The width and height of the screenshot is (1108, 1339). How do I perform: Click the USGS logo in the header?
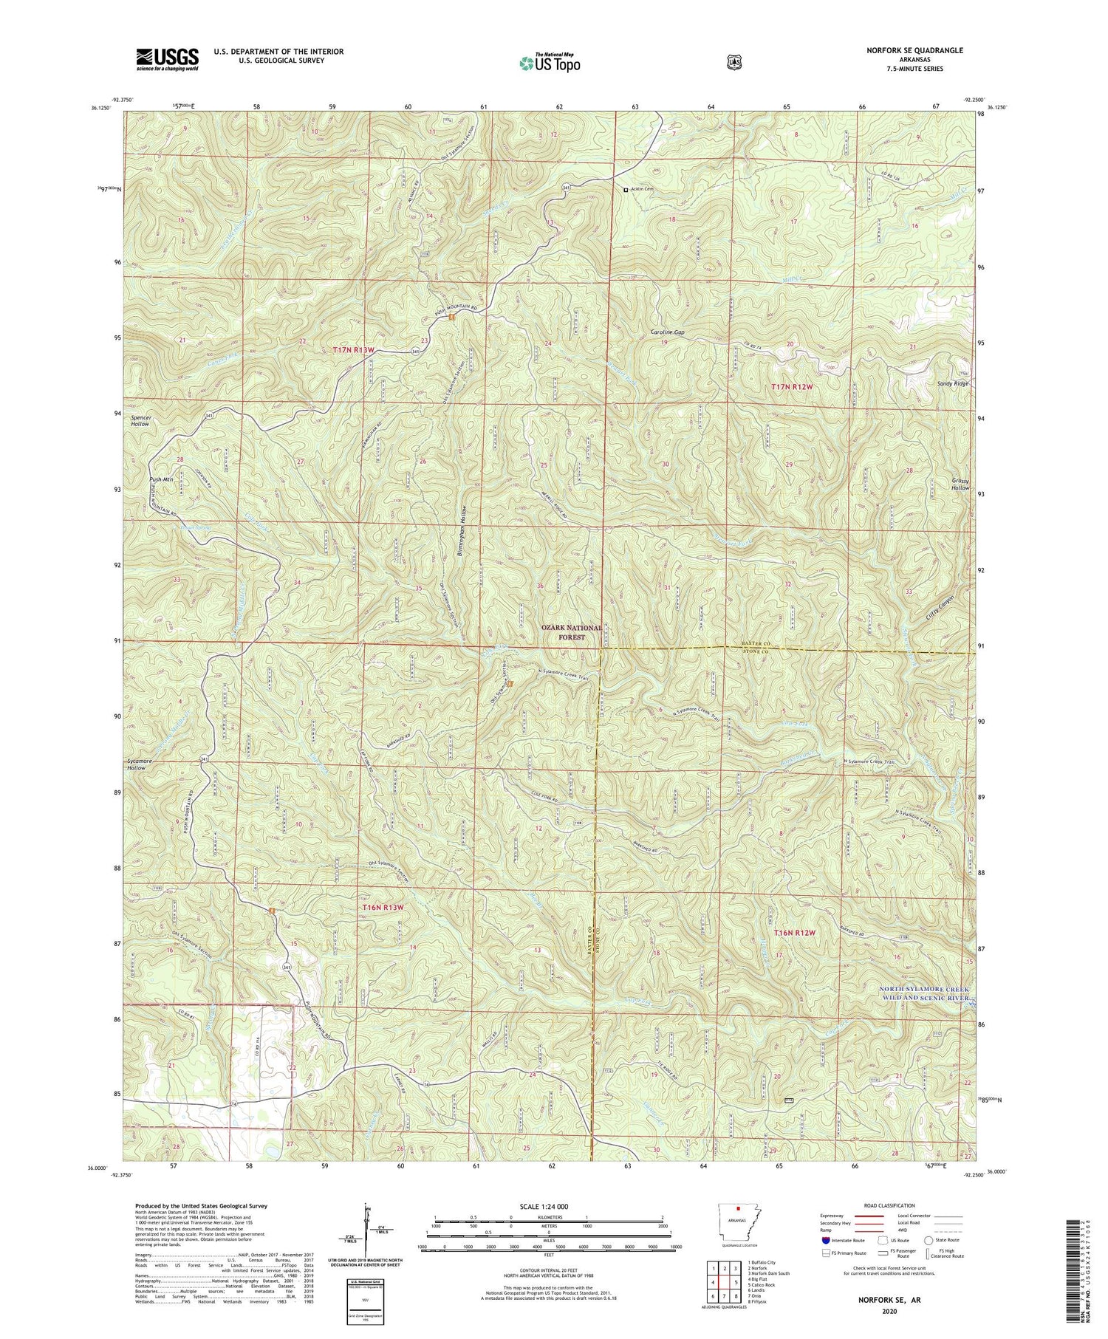[167, 58]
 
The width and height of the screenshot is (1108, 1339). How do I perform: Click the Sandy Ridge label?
[952, 384]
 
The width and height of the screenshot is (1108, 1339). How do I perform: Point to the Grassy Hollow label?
[960, 483]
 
